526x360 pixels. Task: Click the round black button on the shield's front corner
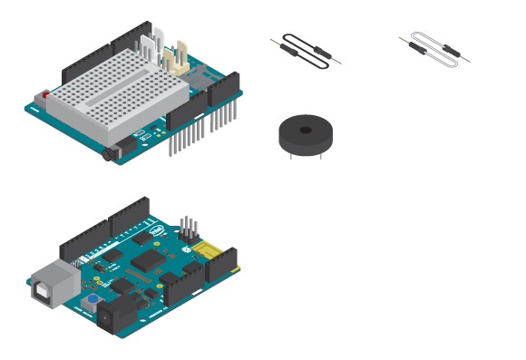(x=112, y=154)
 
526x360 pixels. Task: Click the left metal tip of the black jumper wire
(x=273, y=40)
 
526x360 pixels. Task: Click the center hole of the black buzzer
(x=306, y=130)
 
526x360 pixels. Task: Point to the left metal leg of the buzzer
(x=291, y=154)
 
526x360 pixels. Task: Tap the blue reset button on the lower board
(x=93, y=299)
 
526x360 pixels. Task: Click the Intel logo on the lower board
(x=157, y=231)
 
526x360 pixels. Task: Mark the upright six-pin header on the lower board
(x=188, y=227)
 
